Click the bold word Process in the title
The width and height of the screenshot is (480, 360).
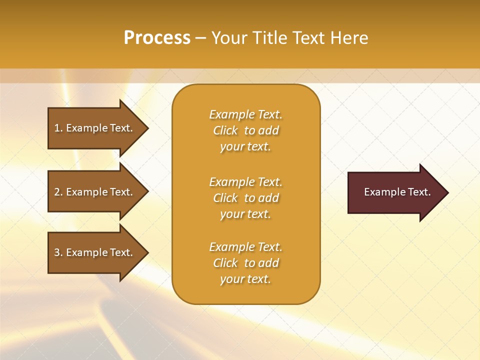(x=157, y=38)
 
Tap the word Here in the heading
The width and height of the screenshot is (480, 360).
(x=349, y=38)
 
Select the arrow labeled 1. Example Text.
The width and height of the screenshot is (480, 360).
(x=95, y=128)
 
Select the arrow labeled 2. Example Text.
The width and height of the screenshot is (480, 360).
(x=95, y=192)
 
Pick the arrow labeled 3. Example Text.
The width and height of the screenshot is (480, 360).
(x=95, y=252)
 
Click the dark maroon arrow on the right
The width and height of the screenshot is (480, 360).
(x=395, y=192)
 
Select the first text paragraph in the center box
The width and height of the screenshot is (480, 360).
(x=245, y=130)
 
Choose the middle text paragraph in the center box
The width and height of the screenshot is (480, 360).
(x=245, y=198)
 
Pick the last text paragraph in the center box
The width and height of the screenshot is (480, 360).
(x=245, y=263)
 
